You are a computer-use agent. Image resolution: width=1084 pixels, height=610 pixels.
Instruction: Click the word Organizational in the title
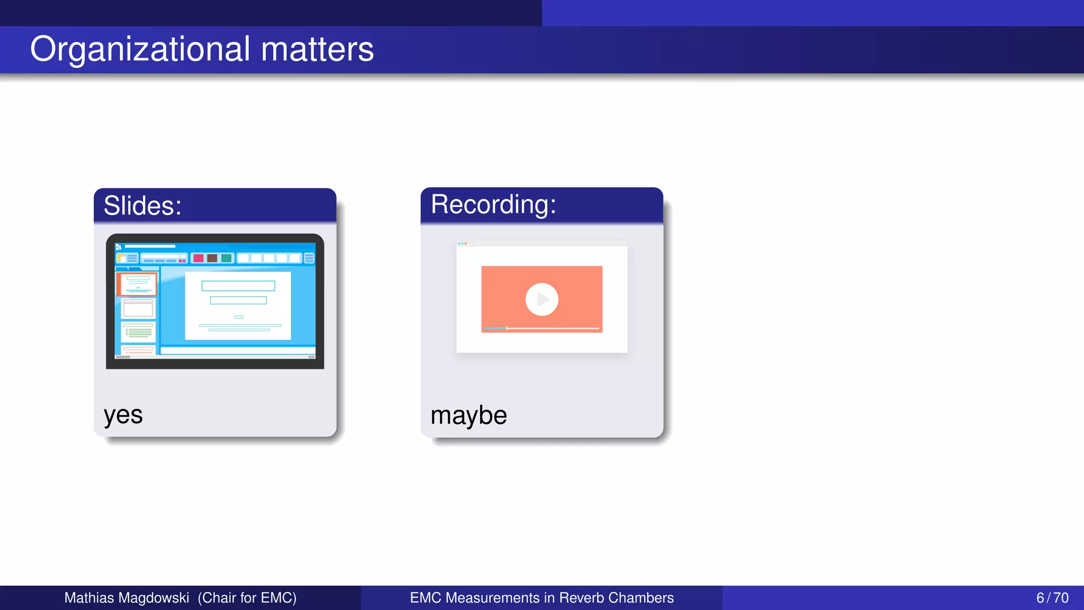click(x=140, y=49)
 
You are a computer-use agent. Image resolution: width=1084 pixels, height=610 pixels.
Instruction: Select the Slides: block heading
click(x=142, y=205)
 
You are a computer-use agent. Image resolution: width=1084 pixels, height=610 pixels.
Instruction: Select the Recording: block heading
click(x=493, y=204)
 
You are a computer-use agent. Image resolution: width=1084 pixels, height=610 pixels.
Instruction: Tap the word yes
click(x=123, y=415)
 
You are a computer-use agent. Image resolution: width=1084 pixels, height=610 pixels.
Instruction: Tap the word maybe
click(x=468, y=415)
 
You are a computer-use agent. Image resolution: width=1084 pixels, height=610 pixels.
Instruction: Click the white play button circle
click(x=541, y=299)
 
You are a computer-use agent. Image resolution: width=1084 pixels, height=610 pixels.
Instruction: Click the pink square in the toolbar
click(x=198, y=258)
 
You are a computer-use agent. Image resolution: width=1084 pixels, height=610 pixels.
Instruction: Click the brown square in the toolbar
click(x=212, y=258)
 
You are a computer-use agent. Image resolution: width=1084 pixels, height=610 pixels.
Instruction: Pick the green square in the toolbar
click(x=227, y=258)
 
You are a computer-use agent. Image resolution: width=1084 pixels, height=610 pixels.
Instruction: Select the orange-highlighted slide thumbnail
click(x=137, y=284)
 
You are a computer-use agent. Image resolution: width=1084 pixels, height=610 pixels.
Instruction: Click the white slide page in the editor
click(x=238, y=306)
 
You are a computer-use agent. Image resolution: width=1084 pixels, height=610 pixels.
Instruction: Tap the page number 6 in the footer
click(x=1040, y=598)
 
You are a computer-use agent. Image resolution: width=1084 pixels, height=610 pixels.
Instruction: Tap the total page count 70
click(x=1061, y=598)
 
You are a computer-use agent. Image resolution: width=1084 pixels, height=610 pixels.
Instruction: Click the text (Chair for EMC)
click(x=247, y=598)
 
